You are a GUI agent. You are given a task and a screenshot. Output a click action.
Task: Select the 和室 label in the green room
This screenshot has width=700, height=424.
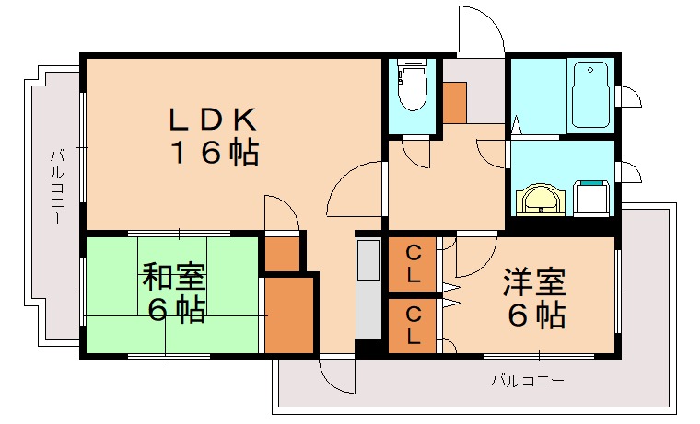pyautogui.click(x=174, y=276)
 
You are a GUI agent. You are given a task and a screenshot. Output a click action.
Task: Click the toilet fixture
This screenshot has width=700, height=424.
pyautogui.click(x=413, y=87)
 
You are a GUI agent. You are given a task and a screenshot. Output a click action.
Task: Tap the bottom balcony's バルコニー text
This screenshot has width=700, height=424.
pyautogui.click(x=527, y=379)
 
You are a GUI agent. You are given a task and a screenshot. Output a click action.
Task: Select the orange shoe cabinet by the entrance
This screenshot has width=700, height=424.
pyautogui.click(x=456, y=103)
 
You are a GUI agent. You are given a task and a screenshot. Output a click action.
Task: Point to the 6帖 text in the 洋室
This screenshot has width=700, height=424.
pyautogui.click(x=534, y=315)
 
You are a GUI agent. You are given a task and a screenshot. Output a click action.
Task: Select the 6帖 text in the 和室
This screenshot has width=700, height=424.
pyautogui.click(x=174, y=310)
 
